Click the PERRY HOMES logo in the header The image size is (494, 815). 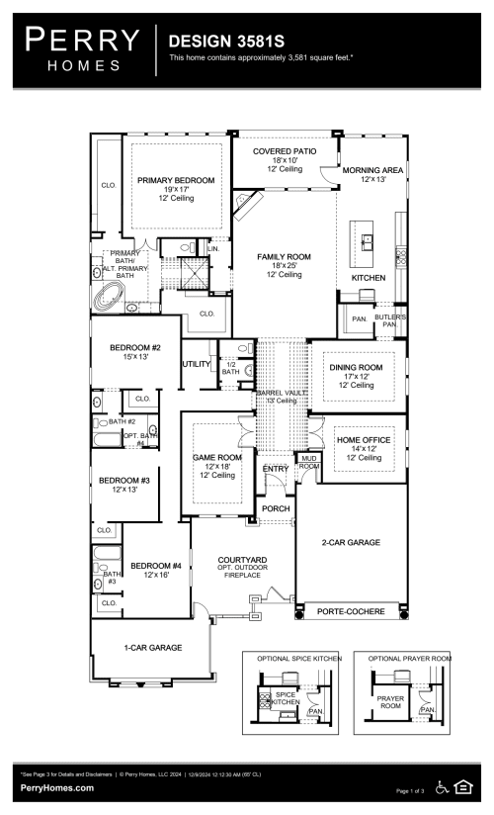pos(83,48)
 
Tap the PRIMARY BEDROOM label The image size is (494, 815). pos(176,180)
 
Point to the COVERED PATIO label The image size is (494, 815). pos(284,151)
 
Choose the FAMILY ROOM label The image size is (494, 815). pos(284,256)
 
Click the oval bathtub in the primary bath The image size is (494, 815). pos(109,294)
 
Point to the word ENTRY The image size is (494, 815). pos(276,469)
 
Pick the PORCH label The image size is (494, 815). pos(276,510)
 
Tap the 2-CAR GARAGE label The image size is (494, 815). pos(351,542)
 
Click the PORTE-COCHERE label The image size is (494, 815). pos(351,612)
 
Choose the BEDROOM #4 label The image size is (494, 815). pos(158,565)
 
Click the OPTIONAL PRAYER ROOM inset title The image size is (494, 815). pos(409,658)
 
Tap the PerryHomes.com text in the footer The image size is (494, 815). pos(57,787)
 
